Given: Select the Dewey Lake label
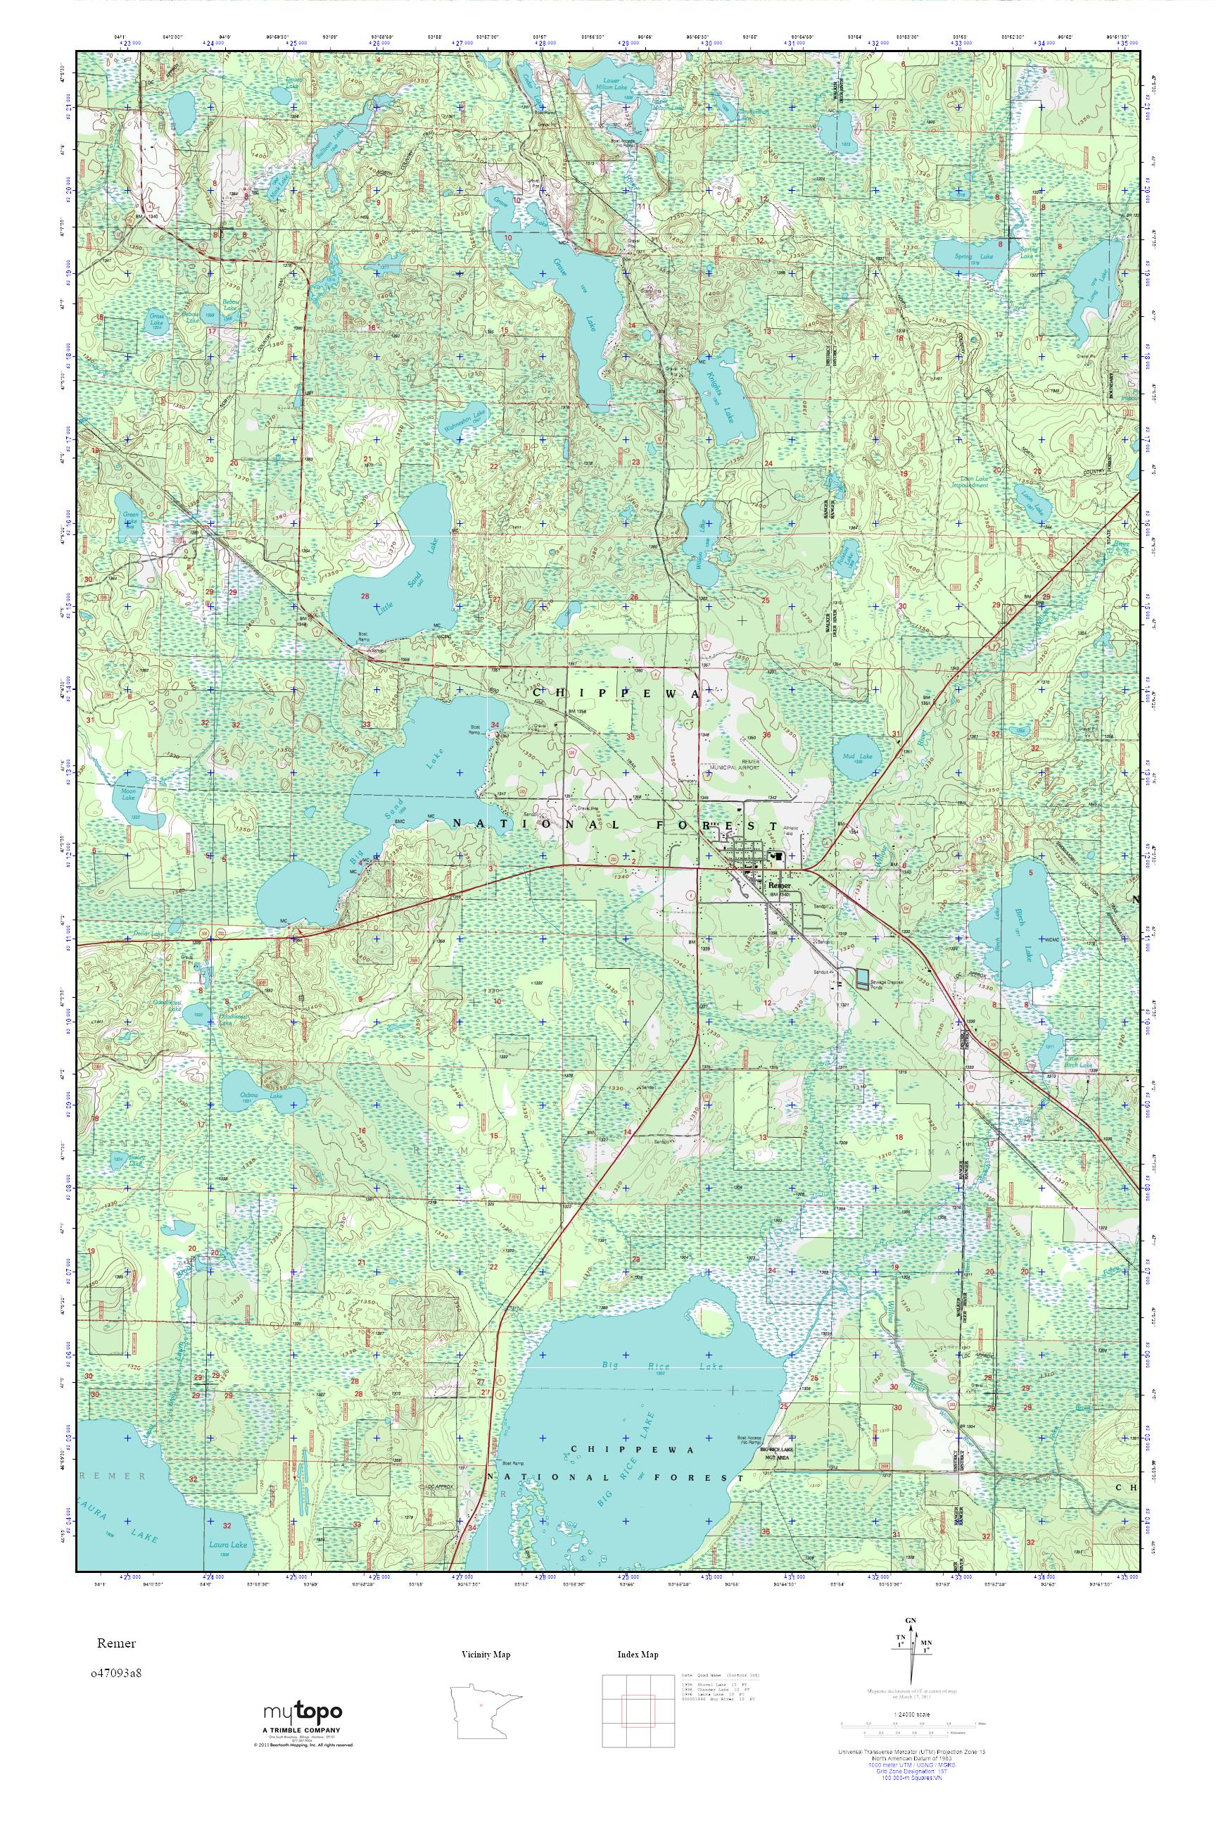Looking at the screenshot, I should click(294, 81).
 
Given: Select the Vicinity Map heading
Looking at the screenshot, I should click(486, 1655).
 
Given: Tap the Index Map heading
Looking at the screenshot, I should click(638, 1655).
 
